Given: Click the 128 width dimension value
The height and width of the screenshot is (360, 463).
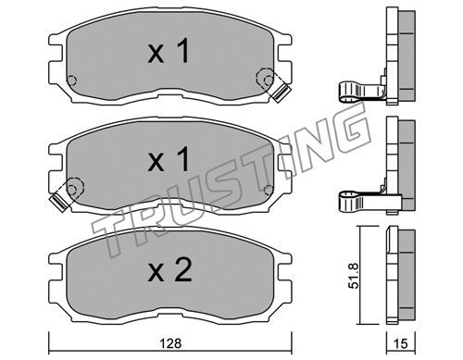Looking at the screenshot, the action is [x=170, y=343].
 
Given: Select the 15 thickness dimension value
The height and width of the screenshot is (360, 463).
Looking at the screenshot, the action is [x=401, y=343].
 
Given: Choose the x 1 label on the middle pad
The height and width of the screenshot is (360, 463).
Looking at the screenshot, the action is [x=169, y=159].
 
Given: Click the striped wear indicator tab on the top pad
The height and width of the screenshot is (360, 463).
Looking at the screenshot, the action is [x=282, y=92].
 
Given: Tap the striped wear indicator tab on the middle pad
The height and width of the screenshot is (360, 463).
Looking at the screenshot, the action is [x=58, y=203].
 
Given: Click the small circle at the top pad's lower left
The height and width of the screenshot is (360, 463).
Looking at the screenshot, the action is [x=71, y=81].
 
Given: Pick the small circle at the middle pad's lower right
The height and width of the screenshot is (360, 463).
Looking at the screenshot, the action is [x=269, y=190].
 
